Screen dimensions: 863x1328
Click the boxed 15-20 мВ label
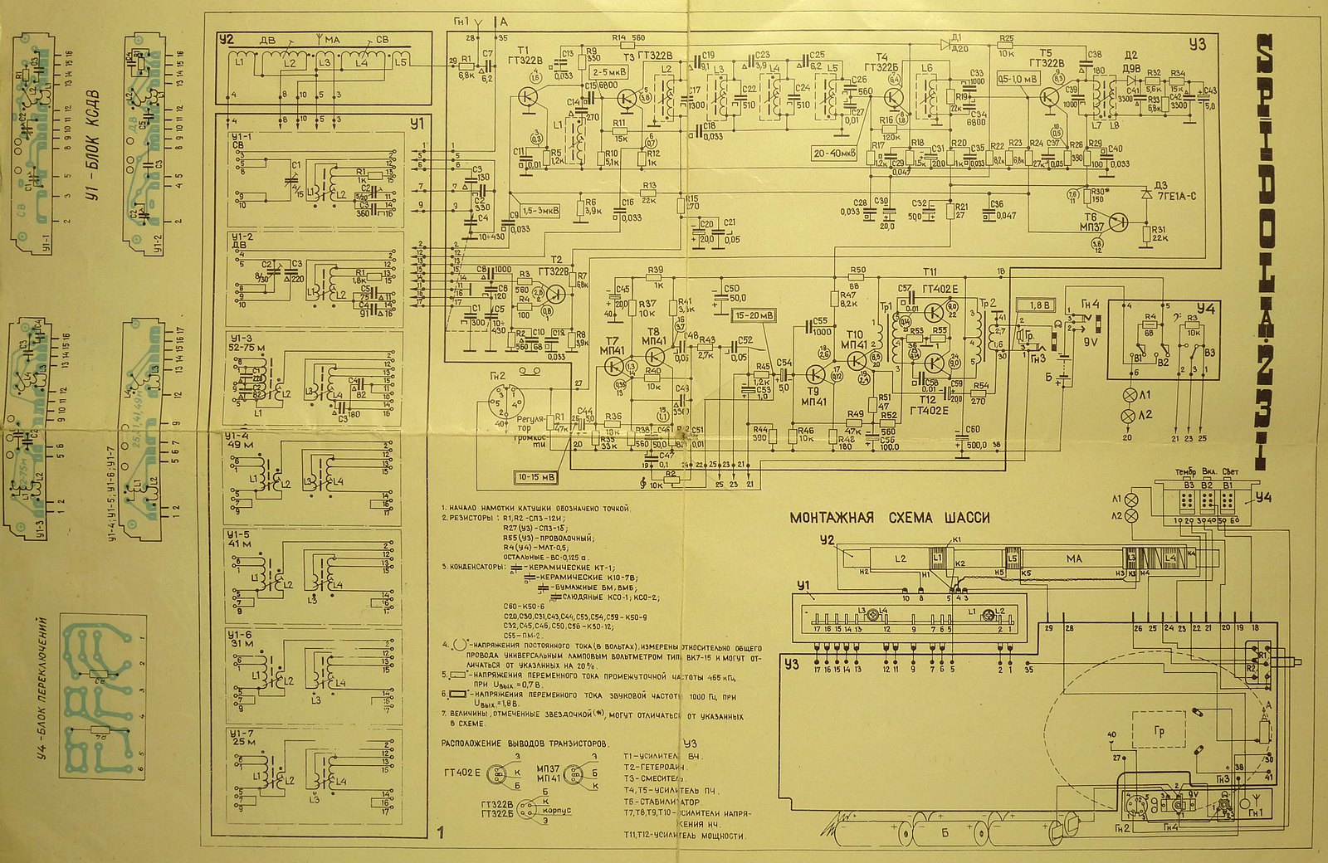click(753, 316)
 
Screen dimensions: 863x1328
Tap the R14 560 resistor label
click(628, 38)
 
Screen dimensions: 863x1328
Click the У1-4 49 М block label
click(244, 440)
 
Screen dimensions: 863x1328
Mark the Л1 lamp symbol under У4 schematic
click(1128, 395)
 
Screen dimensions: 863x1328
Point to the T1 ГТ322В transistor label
click(528, 55)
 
